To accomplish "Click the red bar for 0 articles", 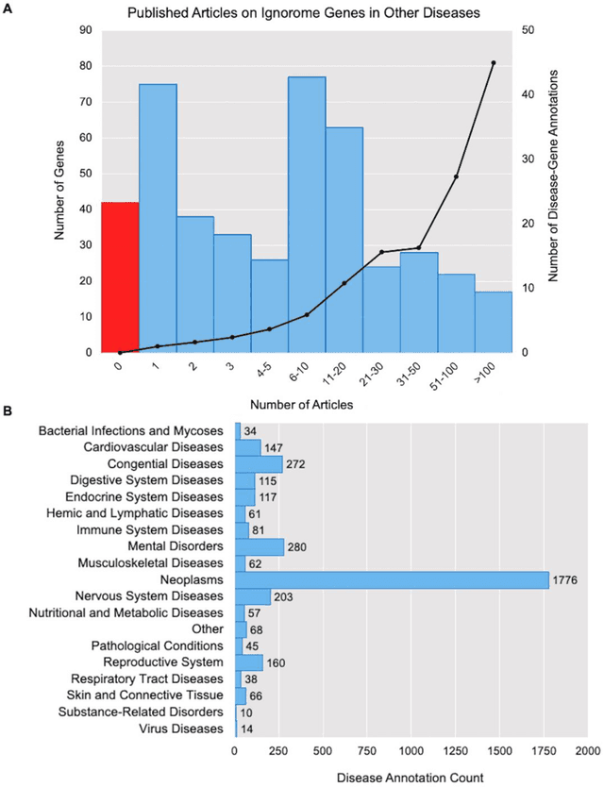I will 120,277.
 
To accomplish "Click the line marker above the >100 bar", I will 494,63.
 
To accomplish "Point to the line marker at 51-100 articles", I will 457,176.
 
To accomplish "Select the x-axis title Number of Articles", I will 307,405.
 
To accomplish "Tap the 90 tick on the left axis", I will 84,30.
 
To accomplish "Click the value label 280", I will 298,546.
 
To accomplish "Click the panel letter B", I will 8,411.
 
